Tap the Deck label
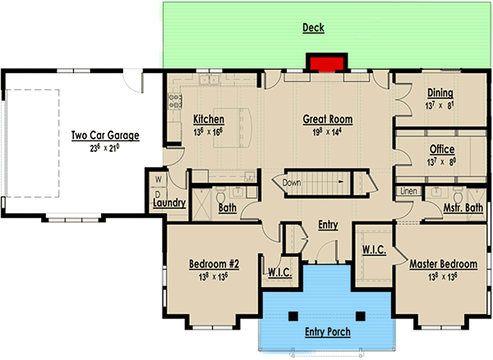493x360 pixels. pos(313,28)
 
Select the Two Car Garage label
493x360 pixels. pos(105,135)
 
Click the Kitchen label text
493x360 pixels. pos(209,119)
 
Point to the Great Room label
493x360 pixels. pos(328,119)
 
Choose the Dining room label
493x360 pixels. pos(440,93)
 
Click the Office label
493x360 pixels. pos(442,149)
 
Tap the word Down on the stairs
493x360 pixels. pos(292,182)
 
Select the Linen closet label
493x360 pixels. pos(409,191)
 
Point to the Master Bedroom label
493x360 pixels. pos(443,264)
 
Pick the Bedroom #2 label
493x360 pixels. pos(214,264)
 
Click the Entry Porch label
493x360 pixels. pos(328,332)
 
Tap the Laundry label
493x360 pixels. pos(169,203)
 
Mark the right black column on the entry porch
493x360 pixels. pos(360,316)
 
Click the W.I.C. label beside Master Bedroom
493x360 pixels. pos(375,250)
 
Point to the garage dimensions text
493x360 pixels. pos(105,147)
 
